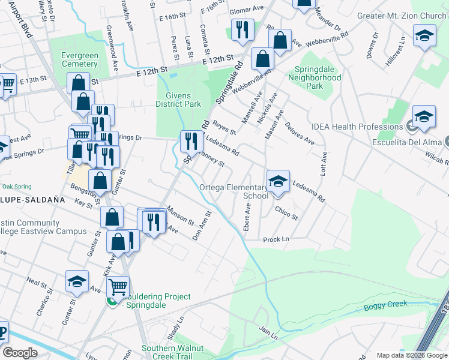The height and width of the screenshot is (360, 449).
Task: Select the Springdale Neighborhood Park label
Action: [314, 77]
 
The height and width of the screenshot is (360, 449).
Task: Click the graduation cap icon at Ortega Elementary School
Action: [277, 181]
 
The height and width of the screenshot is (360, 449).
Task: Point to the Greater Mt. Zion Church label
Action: [403, 16]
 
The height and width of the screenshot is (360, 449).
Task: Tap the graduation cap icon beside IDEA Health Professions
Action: [424, 116]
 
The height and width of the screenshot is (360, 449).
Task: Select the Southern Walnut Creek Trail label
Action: [173, 352]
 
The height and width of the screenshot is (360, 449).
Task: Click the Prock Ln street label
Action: [276, 239]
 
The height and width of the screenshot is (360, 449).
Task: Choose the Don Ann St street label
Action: [202, 226]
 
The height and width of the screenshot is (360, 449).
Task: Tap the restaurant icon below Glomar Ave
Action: [243, 30]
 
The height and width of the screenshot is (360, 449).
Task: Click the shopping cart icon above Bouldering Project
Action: [118, 287]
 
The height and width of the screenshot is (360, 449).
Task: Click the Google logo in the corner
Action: [20, 353]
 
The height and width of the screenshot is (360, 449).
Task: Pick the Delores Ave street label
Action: [300, 133]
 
